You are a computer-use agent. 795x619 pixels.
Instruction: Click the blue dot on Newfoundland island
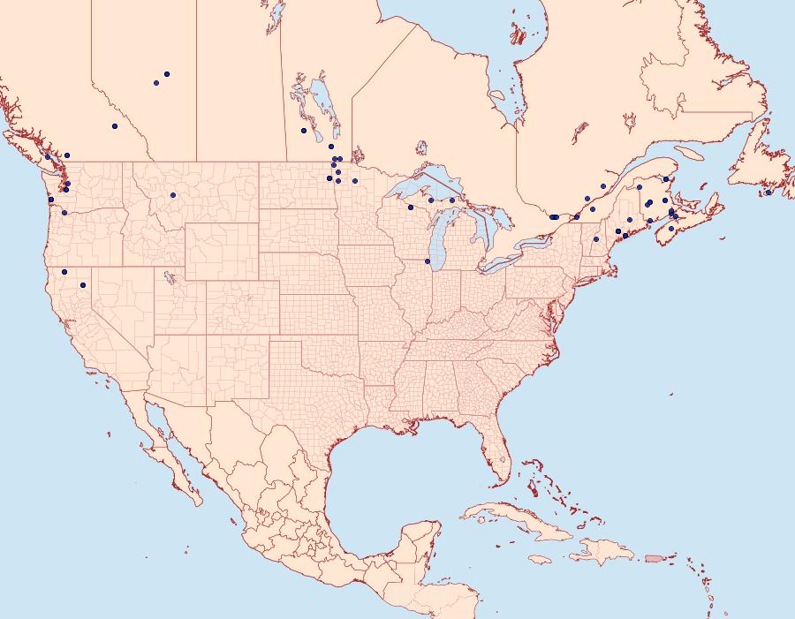coord(768,192)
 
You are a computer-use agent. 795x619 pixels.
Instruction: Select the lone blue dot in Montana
coord(173,195)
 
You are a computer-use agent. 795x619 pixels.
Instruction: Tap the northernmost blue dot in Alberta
coord(166,74)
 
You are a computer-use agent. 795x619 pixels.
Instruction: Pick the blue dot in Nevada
coord(83,285)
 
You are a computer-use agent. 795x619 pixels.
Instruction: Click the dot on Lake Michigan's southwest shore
coord(428,261)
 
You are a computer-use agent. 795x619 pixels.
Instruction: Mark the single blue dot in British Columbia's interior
coord(115,126)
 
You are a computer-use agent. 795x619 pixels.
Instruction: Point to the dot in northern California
coord(64,271)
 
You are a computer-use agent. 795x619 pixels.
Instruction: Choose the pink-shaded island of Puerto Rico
coord(654,557)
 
